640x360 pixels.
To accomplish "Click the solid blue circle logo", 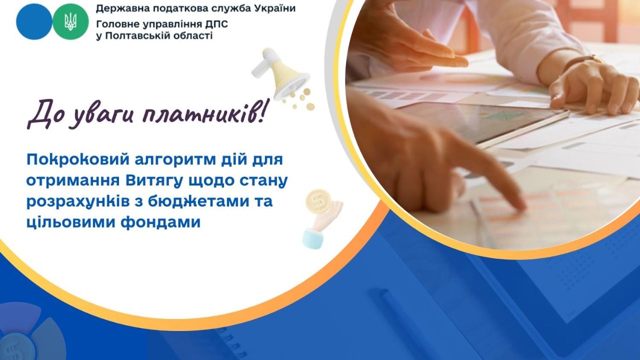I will coord(34,21).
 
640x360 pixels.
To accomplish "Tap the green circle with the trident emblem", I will coord(70,21).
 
